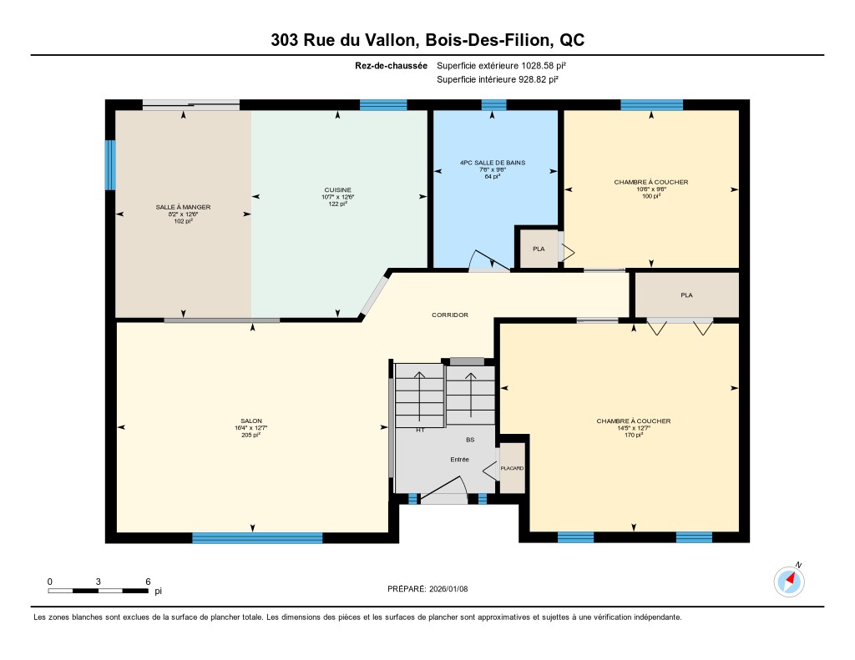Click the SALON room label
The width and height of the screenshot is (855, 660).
[x=251, y=421]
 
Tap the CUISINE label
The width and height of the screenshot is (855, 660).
[x=337, y=190]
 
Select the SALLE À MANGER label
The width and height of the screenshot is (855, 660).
[x=183, y=207]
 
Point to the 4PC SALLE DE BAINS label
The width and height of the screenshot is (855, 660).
[x=493, y=163]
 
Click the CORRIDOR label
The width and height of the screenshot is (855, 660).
[x=450, y=315]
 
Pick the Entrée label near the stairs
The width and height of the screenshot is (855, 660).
[x=460, y=460]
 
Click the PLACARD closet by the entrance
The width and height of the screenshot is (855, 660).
[x=512, y=468]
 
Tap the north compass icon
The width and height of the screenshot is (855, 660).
[x=789, y=582]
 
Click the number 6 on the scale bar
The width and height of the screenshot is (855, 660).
[x=148, y=582]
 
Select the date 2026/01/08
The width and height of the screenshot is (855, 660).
[x=448, y=588]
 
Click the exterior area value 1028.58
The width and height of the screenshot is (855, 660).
[x=538, y=65]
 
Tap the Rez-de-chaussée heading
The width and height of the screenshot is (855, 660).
[x=391, y=66]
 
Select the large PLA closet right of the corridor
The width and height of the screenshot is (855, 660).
[x=687, y=295]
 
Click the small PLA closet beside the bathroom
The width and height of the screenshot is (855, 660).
[x=539, y=249]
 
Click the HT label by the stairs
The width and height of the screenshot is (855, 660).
[x=421, y=430]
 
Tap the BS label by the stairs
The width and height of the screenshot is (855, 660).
[x=470, y=440]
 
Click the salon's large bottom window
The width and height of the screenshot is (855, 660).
[x=257, y=538]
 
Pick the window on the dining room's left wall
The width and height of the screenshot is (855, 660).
[x=110, y=165]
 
